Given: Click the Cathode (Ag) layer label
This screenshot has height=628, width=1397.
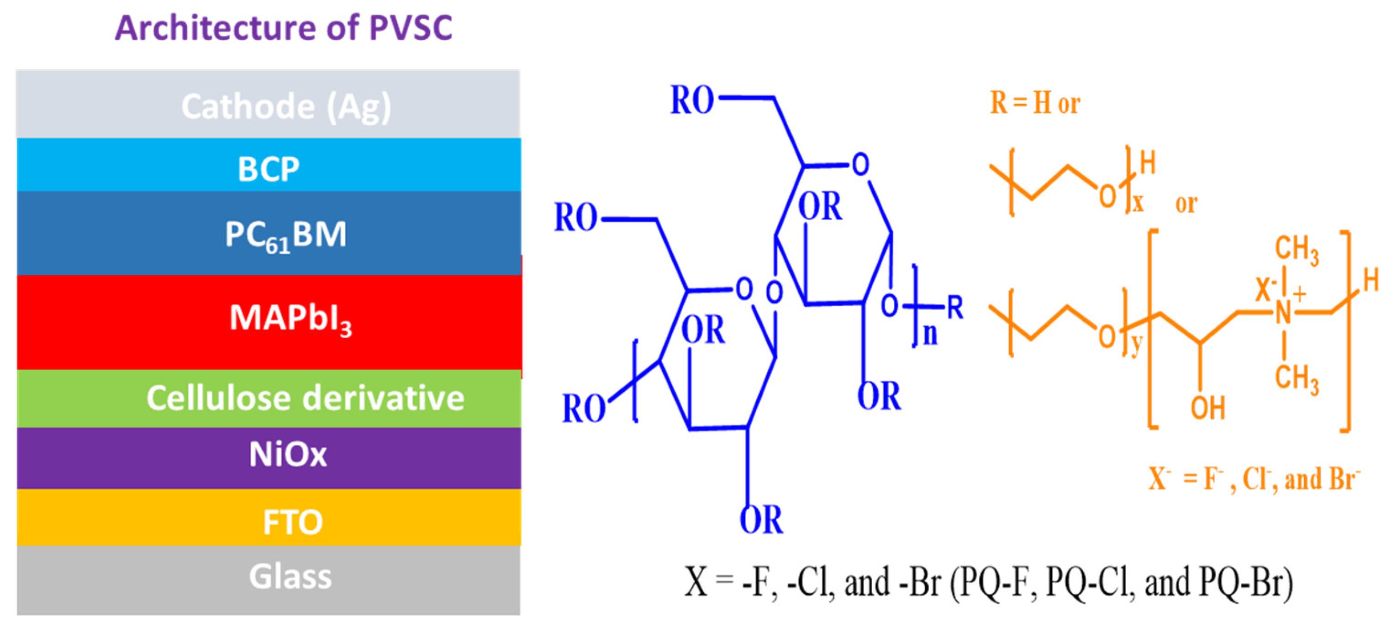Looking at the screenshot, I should pyautogui.click(x=286, y=106).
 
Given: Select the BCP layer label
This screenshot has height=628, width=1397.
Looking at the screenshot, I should pyautogui.click(x=269, y=169).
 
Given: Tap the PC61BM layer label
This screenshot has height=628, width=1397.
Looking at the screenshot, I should pyautogui.click(x=286, y=235).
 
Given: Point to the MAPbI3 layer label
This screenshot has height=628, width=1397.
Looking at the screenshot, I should pyautogui.click(x=290, y=318).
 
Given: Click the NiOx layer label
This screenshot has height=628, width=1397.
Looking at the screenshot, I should pyautogui.click(x=288, y=454).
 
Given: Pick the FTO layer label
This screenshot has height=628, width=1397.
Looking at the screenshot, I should pyautogui.click(x=293, y=522).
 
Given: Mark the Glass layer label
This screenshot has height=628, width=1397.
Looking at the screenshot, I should pyautogui.click(x=290, y=576).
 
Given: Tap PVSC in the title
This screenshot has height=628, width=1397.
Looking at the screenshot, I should pyautogui.click(x=411, y=28).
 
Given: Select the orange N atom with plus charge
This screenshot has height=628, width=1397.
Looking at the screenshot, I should pyautogui.click(x=1283, y=313).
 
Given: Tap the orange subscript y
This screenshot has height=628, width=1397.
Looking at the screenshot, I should pyautogui.click(x=1137, y=344).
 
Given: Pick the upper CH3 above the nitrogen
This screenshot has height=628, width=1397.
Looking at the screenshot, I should pyautogui.click(x=1296, y=250).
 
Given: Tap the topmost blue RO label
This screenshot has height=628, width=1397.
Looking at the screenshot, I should pyautogui.click(x=692, y=101).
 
